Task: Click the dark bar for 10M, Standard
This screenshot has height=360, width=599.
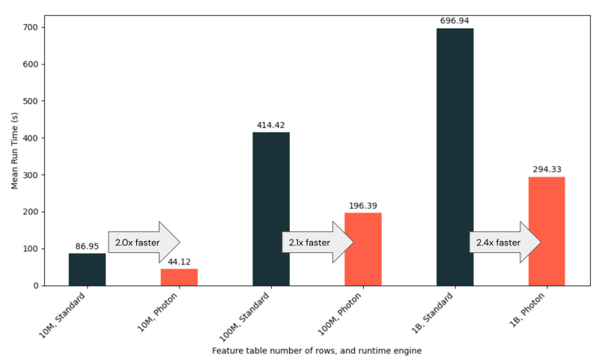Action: [87, 269]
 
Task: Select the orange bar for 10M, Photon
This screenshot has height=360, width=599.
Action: [179, 277]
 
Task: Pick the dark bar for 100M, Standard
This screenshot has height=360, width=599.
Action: [271, 209]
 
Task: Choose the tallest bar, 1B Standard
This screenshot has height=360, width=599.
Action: [454, 156]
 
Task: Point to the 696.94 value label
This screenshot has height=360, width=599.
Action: [454, 21]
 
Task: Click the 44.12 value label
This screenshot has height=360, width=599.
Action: [179, 261]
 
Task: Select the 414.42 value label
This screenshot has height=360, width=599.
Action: [271, 125]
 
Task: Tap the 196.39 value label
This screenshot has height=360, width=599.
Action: [363, 205]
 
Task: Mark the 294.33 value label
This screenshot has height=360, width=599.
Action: [547, 169]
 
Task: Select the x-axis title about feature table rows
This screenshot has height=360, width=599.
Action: [317, 350]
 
